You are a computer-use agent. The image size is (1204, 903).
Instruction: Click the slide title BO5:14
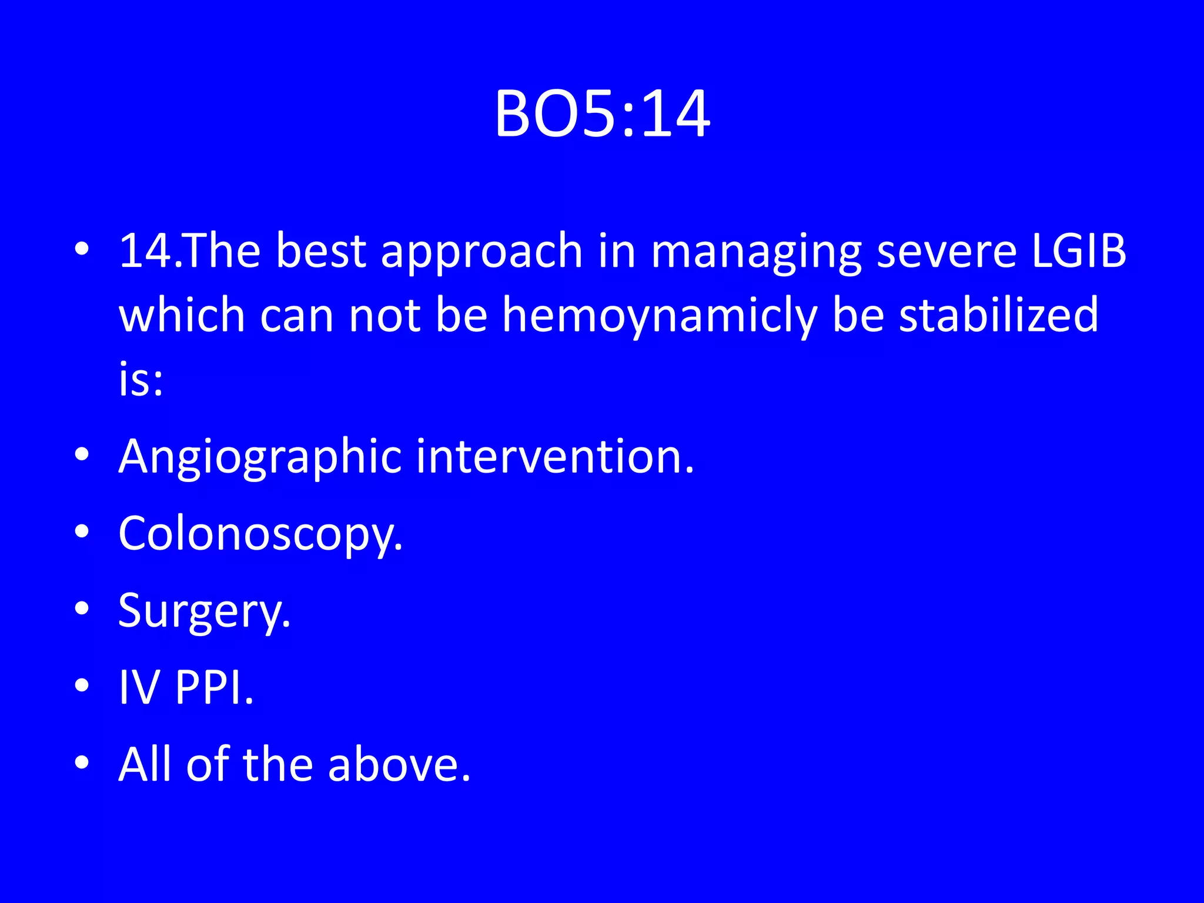[602, 115]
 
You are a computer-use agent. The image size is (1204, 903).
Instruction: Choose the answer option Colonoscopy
[260, 534]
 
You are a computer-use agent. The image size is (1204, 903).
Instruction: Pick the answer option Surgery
[204, 611]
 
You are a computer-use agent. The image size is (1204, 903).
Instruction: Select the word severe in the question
[947, 251]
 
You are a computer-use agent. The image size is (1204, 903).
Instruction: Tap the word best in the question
[321, 251]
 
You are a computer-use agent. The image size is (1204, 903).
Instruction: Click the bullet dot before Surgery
[82, 608]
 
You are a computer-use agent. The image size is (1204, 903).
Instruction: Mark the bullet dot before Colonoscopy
[82, 531]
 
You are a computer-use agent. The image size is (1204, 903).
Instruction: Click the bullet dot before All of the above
[82, 762]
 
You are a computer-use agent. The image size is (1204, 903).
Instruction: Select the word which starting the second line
[182, 316]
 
